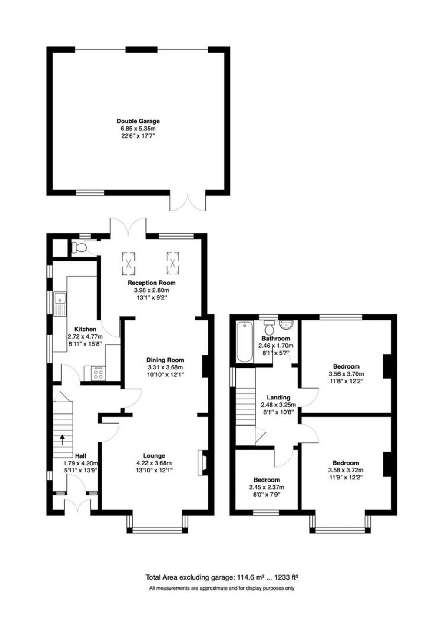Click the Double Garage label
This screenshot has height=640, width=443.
138,121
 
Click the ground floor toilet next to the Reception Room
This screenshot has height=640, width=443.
79,247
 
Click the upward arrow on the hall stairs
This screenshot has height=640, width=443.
62,440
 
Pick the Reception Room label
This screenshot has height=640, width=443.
152,283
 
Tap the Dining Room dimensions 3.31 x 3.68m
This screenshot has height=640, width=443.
165,367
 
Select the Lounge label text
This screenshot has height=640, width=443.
154,455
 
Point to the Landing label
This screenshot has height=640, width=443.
278,397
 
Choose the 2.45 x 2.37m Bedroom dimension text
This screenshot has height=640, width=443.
267,487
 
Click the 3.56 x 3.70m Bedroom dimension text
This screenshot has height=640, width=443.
346,374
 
